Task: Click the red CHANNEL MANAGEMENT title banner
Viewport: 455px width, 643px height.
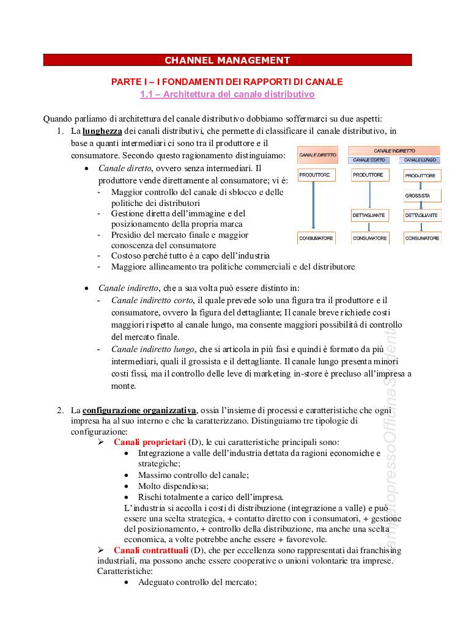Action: tap(227, 60)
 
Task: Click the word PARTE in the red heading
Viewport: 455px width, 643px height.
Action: tap(125, 82)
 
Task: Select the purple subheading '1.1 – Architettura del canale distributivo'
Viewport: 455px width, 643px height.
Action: tap(227, 95)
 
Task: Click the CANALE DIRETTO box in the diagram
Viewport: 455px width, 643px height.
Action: tap(317, 155)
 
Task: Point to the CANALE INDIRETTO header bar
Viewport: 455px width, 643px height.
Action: tap(394, 150)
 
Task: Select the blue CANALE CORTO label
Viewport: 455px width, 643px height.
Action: tap(369, 160)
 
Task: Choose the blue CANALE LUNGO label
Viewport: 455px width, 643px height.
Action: tap(421, 160)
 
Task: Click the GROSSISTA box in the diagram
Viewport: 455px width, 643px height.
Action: tap(422, 196)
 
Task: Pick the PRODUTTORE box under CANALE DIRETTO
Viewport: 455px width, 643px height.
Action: tap(314, 175)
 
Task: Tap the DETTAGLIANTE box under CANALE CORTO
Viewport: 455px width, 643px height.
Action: tap(369, 216)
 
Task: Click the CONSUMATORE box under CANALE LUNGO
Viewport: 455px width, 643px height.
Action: tap(422, 238)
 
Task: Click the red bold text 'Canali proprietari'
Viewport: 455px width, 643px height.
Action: tap(149, 442)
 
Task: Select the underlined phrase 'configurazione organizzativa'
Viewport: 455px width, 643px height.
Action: tap(139, 410)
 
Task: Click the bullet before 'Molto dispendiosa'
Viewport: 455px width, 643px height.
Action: tap(126, 486)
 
